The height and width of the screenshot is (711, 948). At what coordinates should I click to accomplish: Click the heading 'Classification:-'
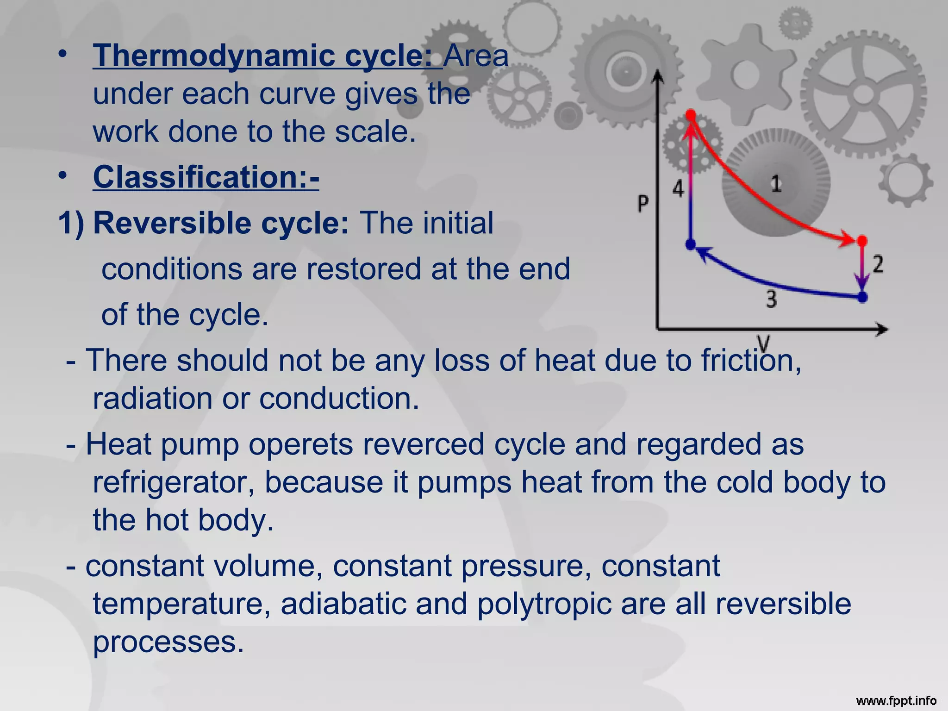click(206, 177)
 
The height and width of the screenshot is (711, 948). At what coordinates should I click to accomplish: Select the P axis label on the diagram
click(643, 203)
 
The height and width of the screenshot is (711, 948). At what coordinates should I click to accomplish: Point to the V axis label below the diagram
click(763, 344)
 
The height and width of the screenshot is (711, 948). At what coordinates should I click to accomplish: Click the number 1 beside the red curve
click(776, 184)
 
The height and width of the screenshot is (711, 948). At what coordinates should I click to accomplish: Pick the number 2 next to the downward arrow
click(878, 264)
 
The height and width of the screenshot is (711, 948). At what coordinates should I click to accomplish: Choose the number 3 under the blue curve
click(771, 299)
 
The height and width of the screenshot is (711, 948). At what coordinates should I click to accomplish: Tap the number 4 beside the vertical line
click(678, 188)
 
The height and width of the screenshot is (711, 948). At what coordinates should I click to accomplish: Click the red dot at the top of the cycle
click(691, 115)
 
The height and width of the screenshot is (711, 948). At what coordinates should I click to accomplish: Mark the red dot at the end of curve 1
click(862, 241)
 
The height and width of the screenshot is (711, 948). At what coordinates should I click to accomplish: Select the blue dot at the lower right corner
click(862, 297)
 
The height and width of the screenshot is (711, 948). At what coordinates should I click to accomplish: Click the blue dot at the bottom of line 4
click(691, 244)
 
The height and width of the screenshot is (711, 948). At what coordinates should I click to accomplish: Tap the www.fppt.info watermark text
click(896, 701)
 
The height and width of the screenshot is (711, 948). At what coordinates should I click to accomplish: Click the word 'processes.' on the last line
click(168, 642)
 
